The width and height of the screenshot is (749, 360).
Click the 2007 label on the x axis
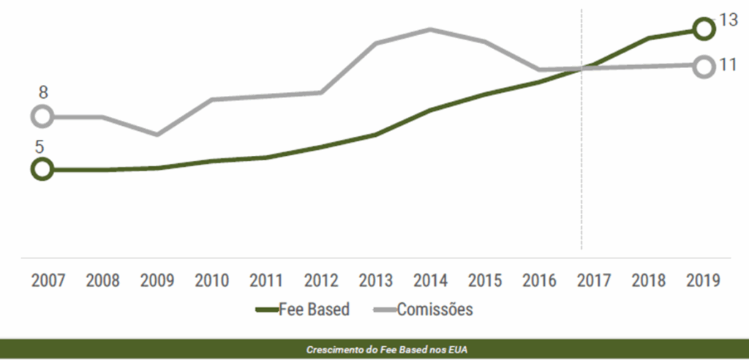[48, 280]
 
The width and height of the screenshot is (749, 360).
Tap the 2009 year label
[157, 280]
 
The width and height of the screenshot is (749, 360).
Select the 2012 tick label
[321, 280]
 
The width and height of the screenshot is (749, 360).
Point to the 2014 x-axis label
[430, 280]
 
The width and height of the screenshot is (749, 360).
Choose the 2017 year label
[594, 280]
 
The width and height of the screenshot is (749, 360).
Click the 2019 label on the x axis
[703, 280]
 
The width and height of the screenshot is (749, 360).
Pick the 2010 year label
[212, 280]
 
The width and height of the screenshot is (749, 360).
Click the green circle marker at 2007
[42, 169]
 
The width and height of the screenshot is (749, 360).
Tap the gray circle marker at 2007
[42, 116]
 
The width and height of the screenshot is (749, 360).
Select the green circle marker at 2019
[703, 29]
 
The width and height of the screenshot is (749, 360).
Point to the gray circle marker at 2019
[703, 67]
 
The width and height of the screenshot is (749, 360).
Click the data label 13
[729, 20]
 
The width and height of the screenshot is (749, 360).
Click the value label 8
[43, 93]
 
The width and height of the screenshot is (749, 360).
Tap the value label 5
[39, 146]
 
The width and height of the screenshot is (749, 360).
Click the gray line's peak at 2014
[430, 29]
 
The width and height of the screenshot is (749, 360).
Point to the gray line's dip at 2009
[157, 135]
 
